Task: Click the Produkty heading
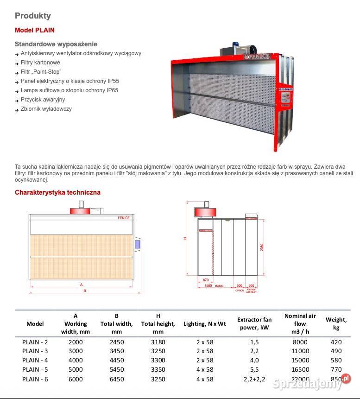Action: (33, 16)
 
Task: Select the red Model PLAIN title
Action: (35, 30)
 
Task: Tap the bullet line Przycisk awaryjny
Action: (43, 100)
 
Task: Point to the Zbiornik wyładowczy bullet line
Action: (46, 109)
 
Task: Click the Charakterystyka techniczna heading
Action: (57, 192)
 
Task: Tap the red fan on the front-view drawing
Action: (82, 210)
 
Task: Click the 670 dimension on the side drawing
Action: (205, 280)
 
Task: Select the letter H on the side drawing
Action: (185, 239)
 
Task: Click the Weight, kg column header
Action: (336, 323)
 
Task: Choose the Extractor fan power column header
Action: (254, 323)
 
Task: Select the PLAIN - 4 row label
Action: (35, 360)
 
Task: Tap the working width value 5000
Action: (76, 369)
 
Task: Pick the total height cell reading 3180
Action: (158, 342)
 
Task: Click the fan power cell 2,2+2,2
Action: (254, 379)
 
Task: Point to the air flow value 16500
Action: (300, 369)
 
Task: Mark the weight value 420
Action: (336, 342)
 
